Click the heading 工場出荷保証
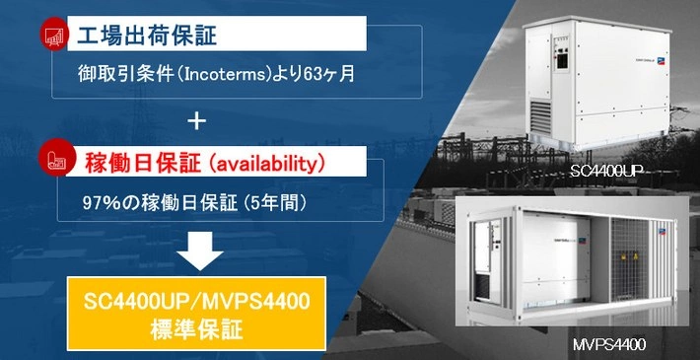pos(147,36)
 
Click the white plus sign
pos(197,122)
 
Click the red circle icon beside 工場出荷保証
pos(55,34)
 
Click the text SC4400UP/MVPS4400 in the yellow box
pos(196,303)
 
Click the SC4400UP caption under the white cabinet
pos(604,172)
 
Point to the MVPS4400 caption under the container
pos(609,345)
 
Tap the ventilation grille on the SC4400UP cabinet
pos(540,117)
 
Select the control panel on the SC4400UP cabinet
pos(562,61)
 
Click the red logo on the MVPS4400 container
pos(660,232)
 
